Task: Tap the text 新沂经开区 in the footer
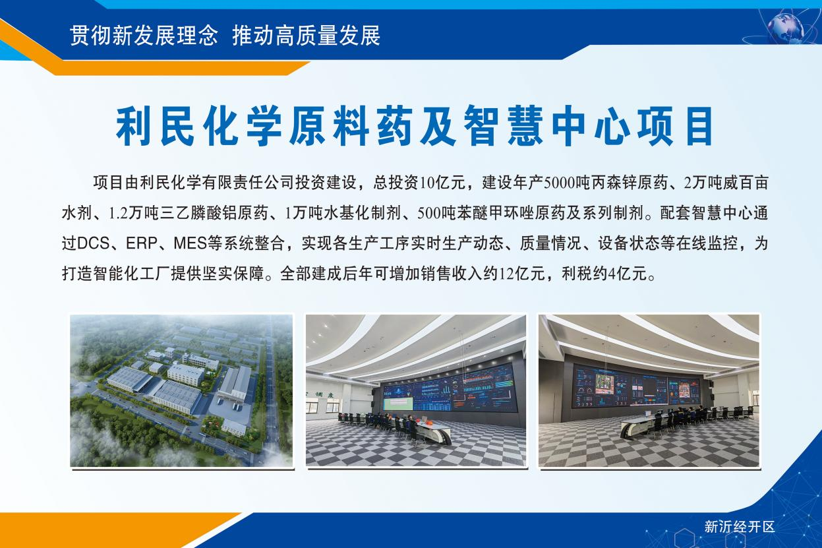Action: tap(740, 527)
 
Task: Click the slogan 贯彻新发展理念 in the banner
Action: tap(144, 36)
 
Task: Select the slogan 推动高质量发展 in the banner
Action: tap(307, 36)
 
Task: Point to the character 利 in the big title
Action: tap(134, 126)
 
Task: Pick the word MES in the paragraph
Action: tap(191, 243)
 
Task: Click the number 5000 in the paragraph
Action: tap(558, 183)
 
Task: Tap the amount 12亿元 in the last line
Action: tap(521, 274)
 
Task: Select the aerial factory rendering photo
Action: tap(182, 390)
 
